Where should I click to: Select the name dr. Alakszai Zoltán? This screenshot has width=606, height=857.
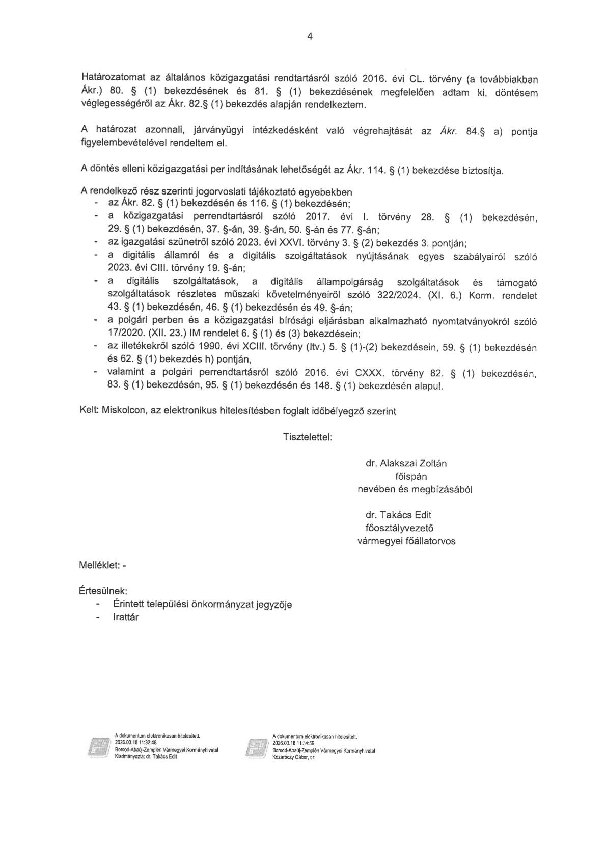(x=406, y=463)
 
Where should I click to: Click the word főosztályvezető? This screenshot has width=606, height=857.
(x=399, y=528)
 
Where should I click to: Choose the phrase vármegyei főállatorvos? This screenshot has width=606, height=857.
(x=406, y=541)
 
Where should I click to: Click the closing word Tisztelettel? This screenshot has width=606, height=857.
(x=307, y=437)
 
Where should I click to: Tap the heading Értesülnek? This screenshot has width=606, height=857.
(x=103, y=591)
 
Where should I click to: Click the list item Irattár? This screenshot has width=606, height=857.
(x=126, y=617)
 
